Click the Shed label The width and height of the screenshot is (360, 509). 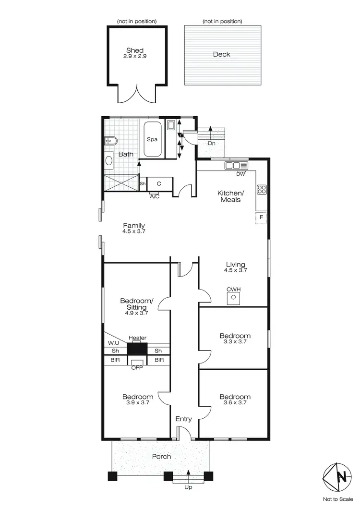(135, 50)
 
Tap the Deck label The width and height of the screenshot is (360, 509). (221, 54)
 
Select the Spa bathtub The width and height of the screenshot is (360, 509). (152, 139)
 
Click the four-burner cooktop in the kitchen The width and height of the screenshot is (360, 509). (262, 189)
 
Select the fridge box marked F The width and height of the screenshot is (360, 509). (262, 218)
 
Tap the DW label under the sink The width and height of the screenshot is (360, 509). (240, 174)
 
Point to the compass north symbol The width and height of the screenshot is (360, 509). (341, 477)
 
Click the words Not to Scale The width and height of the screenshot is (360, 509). (341, 499)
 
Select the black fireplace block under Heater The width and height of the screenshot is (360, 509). (137, 349)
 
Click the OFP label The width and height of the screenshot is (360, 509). (137, 368)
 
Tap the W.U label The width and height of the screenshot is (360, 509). (113, 343)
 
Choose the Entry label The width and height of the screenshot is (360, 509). (183, 419)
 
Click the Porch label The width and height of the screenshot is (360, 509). (161, 456)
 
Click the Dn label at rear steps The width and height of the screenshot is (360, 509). (211, 143)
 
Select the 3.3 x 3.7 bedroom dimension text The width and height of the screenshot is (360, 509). (235, 342)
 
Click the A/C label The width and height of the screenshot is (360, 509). (155, 196)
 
